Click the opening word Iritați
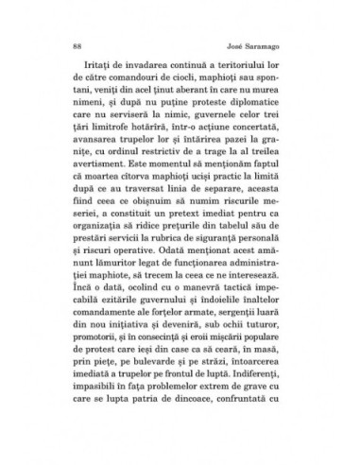pyautogui.click(x=104, y=71)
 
